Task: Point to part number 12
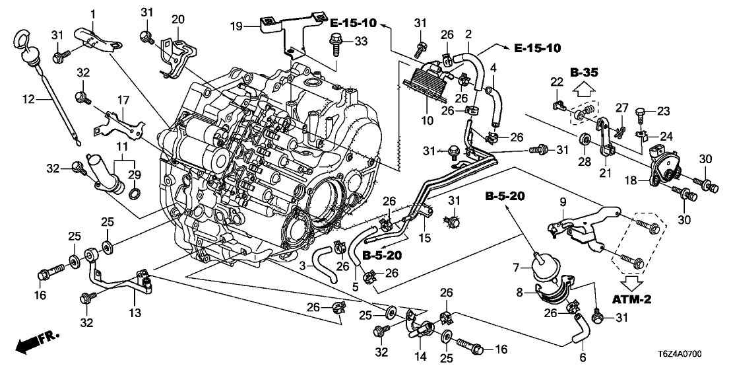click(x=28, y=100)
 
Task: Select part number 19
click(x=237, y=26)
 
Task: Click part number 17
click(x=122, y=100)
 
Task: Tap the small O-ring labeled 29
click(x=133, y=193)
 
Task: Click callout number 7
click(x=518, y=267)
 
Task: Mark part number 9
click(x=564, y=201)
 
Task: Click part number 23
click(x=662, y=111)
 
